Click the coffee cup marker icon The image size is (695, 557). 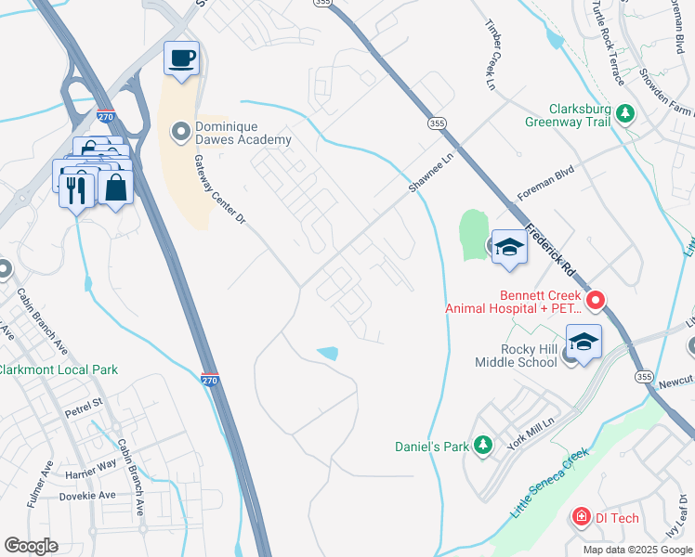pos(182,58)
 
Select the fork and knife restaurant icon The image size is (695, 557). pos(75,190)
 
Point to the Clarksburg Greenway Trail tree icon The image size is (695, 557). pos(626,113)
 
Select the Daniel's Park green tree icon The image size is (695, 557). pos(482,447)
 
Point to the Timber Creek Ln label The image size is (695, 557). pos(492,51)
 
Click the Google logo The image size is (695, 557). pos(31,546)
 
